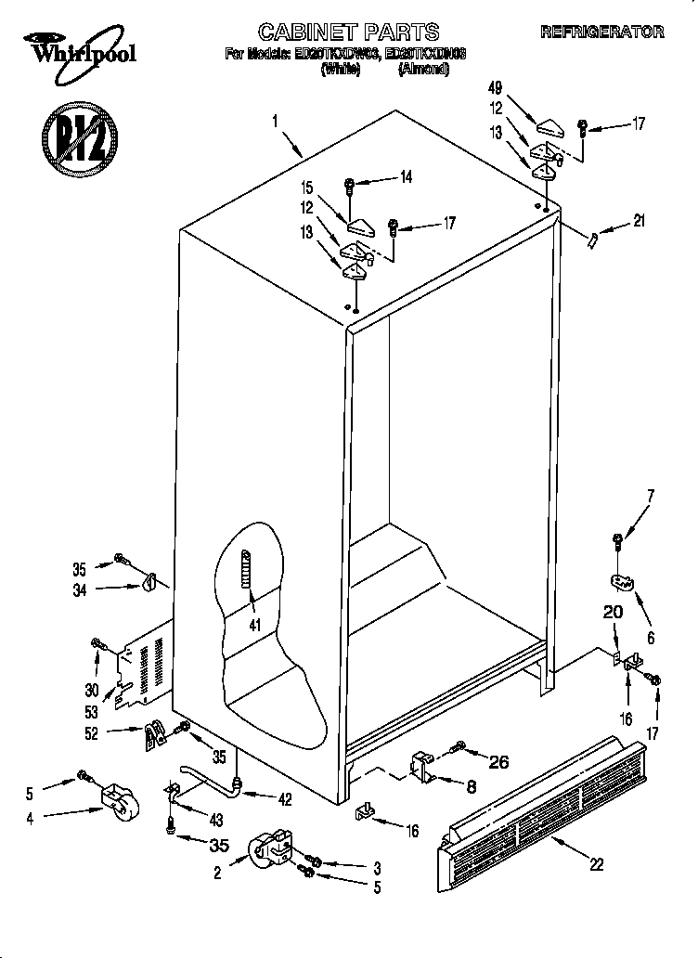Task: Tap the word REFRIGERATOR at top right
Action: point(601,32)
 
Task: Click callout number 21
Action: point(639,221)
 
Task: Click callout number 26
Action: point(498,762)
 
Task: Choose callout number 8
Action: point(471,785)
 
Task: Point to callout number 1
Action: point(276,120)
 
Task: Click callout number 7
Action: point(650,495)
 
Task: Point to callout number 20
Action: point(613,613)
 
